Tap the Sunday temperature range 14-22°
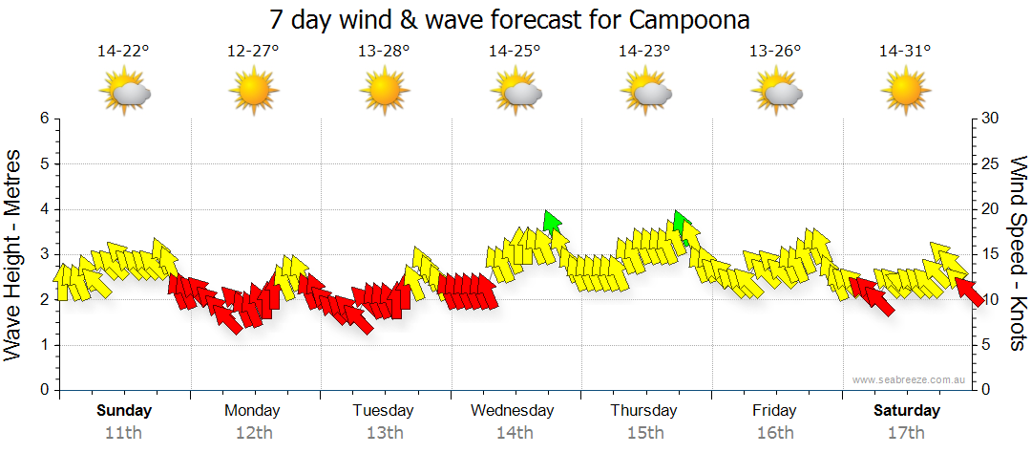[x=123, y=52]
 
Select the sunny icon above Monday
[x=254, y=92]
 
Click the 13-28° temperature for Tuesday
[x=384, y=52]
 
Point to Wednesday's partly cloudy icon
[x=516, y=92]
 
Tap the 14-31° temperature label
[x=904, y=52]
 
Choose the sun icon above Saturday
[x=905, y=92]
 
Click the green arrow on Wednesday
[x=551, y=222]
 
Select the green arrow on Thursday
[x=679, y=223]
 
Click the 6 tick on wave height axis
[x=43, y=119]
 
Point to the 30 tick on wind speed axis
[x=991, y=119]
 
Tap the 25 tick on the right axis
[x=991, y=164]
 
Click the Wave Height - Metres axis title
[x=14, y=253]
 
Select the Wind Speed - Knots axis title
[x=1017, y=253]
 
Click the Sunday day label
[x=124, y=411]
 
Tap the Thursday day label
[x=643, y=411]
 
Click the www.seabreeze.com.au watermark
[x=908, y=379]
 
